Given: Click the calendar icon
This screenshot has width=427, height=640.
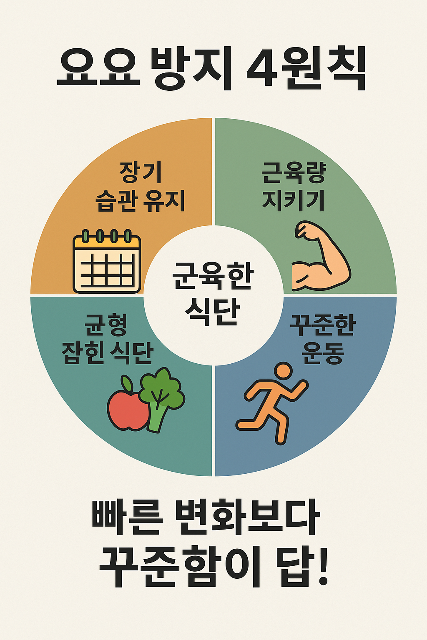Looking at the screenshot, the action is tap(107, 261).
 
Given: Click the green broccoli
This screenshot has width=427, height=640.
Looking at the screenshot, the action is tap(161, 396).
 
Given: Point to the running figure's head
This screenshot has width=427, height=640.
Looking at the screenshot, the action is tap(284, 370).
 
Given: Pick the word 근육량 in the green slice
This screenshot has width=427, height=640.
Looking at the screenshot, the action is tap(294, 172).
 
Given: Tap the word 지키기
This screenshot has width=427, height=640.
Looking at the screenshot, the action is tap(294, 201).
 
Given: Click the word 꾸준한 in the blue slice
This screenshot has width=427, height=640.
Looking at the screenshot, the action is tap(322, 325).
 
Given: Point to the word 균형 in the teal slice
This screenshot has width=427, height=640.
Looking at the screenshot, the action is tap(107, 325).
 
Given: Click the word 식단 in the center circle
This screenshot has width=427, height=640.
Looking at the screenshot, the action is tap(212, 311).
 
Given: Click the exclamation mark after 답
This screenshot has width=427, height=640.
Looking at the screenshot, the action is tap(322, 567).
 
